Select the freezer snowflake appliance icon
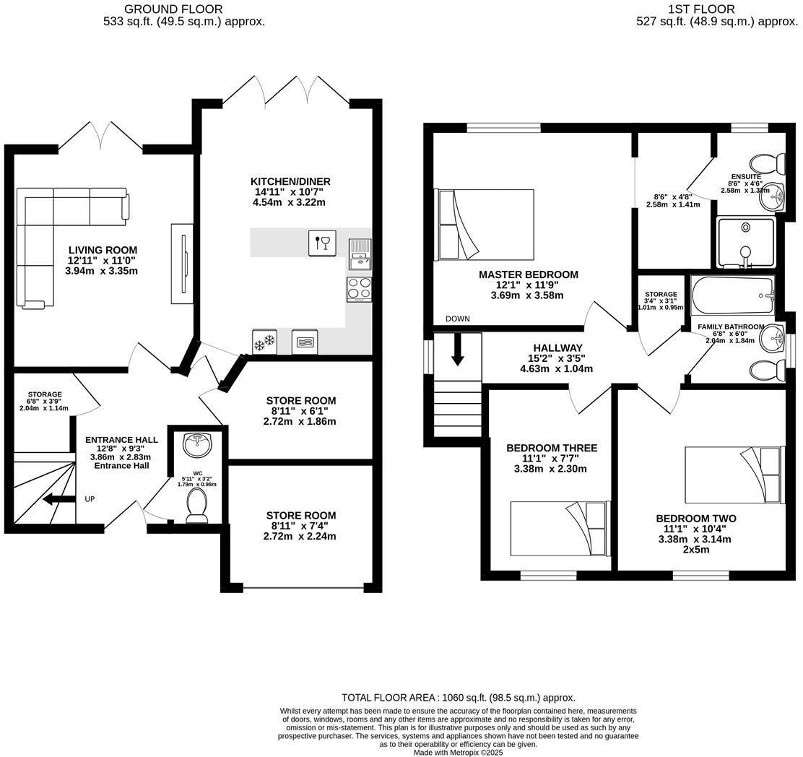click(264, 342)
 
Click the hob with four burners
click(359, 289)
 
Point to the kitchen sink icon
click(359, 254)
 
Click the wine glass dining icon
click(321, 243)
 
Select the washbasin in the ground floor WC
click(197, 445)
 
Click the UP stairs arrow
click(58, 499)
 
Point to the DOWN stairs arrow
click(458, 350)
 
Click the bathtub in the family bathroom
click(732, 295)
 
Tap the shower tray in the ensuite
click(745, 242)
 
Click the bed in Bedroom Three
click(560, 527)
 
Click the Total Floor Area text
click(458, 698)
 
